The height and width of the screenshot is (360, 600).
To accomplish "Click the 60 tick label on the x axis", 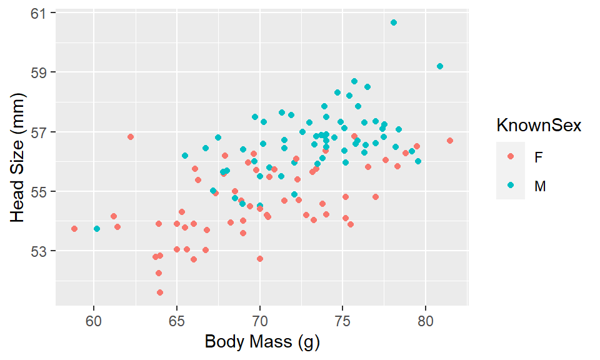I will tap(94, 321).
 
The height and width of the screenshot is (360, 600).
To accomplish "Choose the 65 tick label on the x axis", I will tap(177, 321).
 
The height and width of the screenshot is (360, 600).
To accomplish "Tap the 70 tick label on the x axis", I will tap(260, 321).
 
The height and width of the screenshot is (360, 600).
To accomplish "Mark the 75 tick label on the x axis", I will tap(343, 321).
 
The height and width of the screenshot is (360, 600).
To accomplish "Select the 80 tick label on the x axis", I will tap(426, 321).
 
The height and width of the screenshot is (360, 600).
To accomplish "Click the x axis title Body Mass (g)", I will tap(262, 342).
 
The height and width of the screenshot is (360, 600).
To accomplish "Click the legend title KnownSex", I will tap(539, 126).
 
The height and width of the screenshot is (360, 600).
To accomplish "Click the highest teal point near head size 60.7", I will tap(394, 22).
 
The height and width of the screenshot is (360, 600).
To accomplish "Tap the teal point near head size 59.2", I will tap(440, 66).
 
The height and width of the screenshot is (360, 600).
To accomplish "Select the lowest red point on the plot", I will tap(160, 292).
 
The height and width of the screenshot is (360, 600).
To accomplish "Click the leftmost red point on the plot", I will tap(74, 229).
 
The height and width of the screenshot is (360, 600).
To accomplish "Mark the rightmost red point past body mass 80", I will tap(450, 141).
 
